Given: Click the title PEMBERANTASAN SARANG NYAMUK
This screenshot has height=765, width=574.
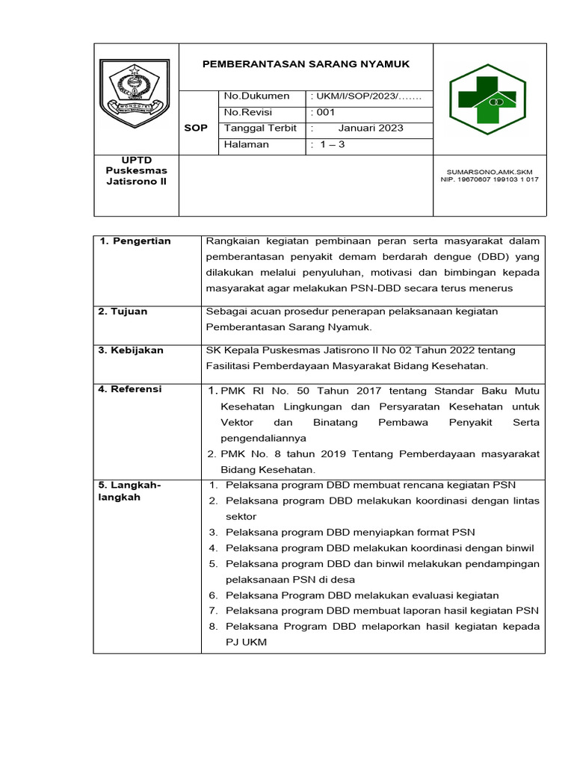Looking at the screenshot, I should [306, 64].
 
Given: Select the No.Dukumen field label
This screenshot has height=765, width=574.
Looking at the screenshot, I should [256, 96].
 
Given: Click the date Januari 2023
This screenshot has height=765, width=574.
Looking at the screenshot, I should [371, 128].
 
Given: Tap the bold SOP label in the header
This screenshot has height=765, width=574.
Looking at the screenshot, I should [196, 128].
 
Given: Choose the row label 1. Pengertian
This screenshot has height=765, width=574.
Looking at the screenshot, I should [135, 241].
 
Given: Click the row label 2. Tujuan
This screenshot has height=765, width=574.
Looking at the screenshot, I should [123, 311].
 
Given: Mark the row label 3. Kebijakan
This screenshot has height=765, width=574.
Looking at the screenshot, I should [132, 350].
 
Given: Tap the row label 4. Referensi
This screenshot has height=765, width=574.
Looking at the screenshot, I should [131, 389].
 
